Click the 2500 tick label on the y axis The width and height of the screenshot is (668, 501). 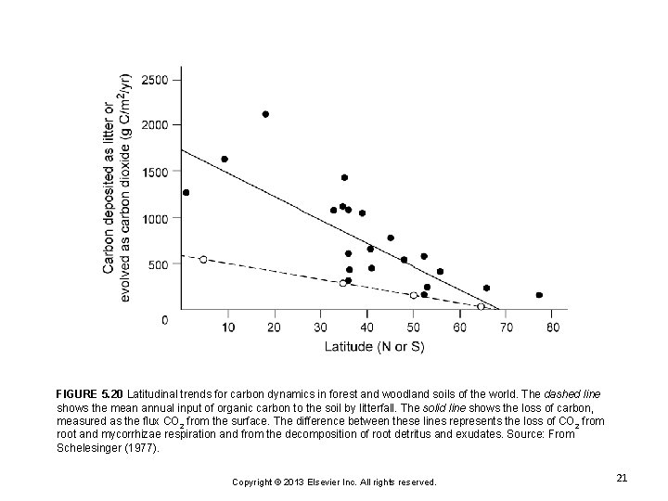click(x=162, y=80)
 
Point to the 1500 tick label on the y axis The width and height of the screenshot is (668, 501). click(x=162, y=172)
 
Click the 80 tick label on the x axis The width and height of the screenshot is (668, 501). click(x=553, y=328)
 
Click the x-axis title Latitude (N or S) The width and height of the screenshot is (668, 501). click(x=374, y=347)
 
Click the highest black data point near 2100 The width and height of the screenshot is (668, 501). click(x=265, y=114)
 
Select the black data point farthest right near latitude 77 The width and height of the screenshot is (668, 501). click(x=539, y=295)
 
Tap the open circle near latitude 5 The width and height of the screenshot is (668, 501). click(x=203, y=260)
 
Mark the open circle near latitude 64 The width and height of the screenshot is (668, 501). click(x=481, y=306)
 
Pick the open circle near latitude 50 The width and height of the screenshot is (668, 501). click(x=414, y=295)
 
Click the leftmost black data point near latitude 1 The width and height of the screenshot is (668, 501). click(x=186, y=193)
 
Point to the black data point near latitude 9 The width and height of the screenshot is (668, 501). click(x=224, y=159)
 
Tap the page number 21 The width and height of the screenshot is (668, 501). click(x=622, y=478)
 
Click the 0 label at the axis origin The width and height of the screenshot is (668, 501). click(x=165, y=319)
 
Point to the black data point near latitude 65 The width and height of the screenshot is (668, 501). click(x=486, y=288)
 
